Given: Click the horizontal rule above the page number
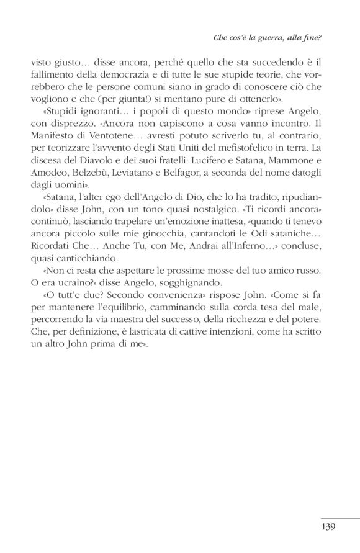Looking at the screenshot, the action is pyautogui.click(x=340, y=518).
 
